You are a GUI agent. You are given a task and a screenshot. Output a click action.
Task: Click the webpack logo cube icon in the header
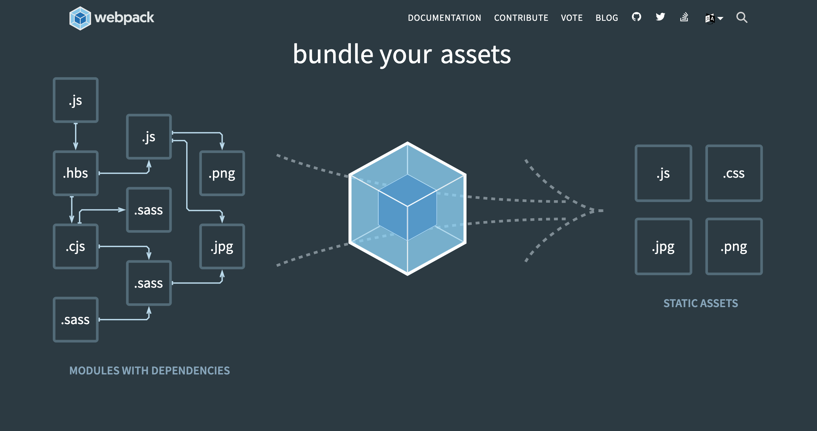[80, 18]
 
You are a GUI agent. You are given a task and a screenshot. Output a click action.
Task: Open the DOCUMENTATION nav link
[444, 18]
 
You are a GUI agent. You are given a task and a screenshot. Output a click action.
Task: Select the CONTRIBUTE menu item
[521, 18]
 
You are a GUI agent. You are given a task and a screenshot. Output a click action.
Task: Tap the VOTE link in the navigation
[572, 18]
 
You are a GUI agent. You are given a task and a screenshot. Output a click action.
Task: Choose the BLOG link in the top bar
[607, 18]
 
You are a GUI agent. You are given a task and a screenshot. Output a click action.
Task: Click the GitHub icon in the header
[636, 17]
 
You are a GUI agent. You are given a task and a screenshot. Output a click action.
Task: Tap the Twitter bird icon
[660, 17]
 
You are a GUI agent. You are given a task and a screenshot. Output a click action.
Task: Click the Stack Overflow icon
[684, 17]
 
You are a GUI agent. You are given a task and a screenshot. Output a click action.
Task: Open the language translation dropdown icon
[713, 18]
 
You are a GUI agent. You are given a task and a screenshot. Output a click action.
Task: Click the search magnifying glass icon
[742, 17]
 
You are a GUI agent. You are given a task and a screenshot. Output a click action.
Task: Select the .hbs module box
[76, 173]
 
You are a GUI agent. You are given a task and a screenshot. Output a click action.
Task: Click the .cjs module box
[76, 246]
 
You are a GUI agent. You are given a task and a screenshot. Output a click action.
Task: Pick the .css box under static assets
[734, 173]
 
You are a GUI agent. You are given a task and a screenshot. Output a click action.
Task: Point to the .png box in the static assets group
[734, 246]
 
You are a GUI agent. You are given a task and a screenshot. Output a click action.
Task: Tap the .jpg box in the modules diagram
[222, 246]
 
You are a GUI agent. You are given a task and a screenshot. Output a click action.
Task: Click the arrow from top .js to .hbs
[76, 136]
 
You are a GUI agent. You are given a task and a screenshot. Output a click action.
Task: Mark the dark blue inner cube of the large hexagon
[407, 207]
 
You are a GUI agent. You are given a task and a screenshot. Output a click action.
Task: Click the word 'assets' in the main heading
[476, 55]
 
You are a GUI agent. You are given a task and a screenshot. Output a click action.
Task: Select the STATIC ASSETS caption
[701, 303]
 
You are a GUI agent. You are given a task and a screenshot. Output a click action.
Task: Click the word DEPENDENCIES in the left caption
[191, 371]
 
